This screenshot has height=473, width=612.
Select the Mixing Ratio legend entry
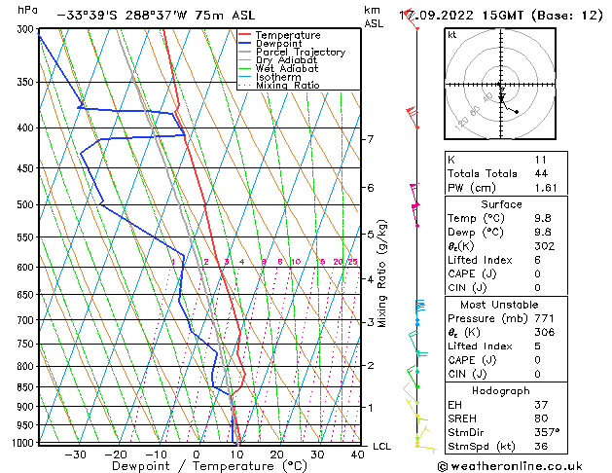283,85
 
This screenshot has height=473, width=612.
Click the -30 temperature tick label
74,455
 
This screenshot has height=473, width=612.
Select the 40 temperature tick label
358,455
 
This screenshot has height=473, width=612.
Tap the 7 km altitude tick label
370,139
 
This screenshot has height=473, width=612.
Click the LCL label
382,446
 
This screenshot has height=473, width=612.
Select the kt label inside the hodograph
452,34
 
